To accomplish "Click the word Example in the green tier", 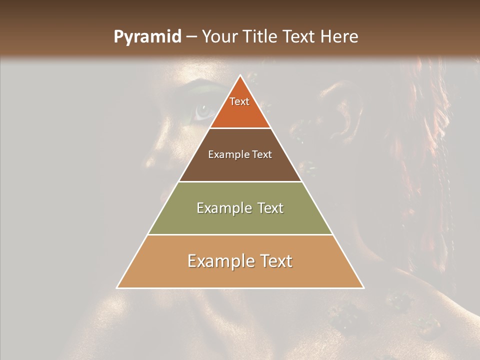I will click(x=222, y=208).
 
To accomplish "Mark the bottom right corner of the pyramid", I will click(x=363, y=287).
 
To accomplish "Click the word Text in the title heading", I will click(x=300, y=37).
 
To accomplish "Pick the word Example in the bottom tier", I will click(x=218, y=261).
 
